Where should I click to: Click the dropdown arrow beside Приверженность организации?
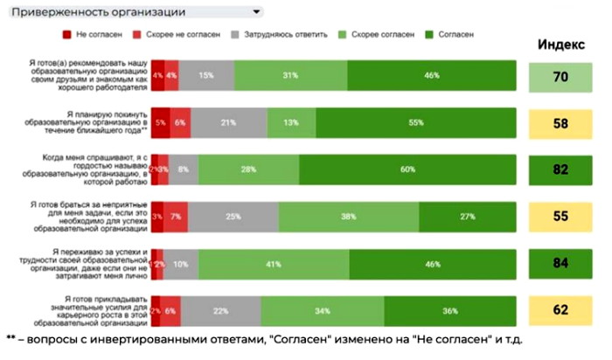(256, 13)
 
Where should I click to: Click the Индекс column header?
(561, 45)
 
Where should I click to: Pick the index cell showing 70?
(561, 77)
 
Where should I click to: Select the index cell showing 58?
(561, 123)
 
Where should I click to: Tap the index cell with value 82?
(561, 170)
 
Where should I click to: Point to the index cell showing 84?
(561, 263)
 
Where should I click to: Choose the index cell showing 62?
(561, 309)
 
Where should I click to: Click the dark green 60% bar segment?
(407, 170)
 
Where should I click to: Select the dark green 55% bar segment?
(415, 123)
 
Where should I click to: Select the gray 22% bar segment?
(221, 309)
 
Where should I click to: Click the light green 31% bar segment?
(291, 77)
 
